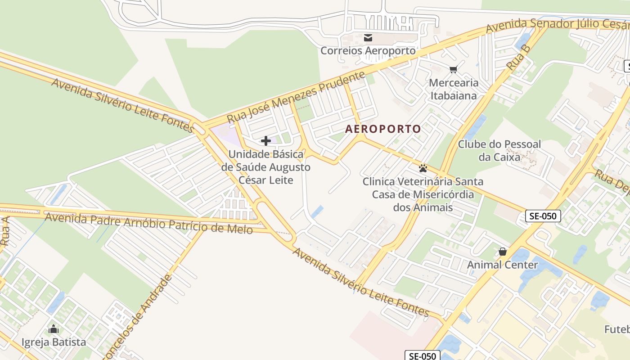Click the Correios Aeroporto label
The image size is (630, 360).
(x=368, y=51)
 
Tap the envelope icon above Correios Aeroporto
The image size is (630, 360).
(x=368, y=38)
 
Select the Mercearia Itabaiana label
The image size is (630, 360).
(x=454, y=89)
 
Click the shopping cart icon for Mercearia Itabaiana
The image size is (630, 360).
(x=453, y=69)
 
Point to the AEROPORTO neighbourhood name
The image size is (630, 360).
(x=383, y=129)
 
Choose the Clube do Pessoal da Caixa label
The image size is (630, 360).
(x=499, y=151)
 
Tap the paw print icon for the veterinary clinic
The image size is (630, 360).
(x=423, y=168)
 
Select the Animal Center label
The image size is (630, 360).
(x=502, y=265)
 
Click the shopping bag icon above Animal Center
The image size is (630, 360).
(x=502, y=252)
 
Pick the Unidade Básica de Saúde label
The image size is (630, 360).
(x=266, y=167)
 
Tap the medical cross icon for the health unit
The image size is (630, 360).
(x=266, y=141)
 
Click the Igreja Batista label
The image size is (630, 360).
(x=54, y=342)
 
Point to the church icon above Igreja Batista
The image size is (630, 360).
(x=54, y=329)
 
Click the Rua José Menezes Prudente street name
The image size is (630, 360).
(x=296, y=97)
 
